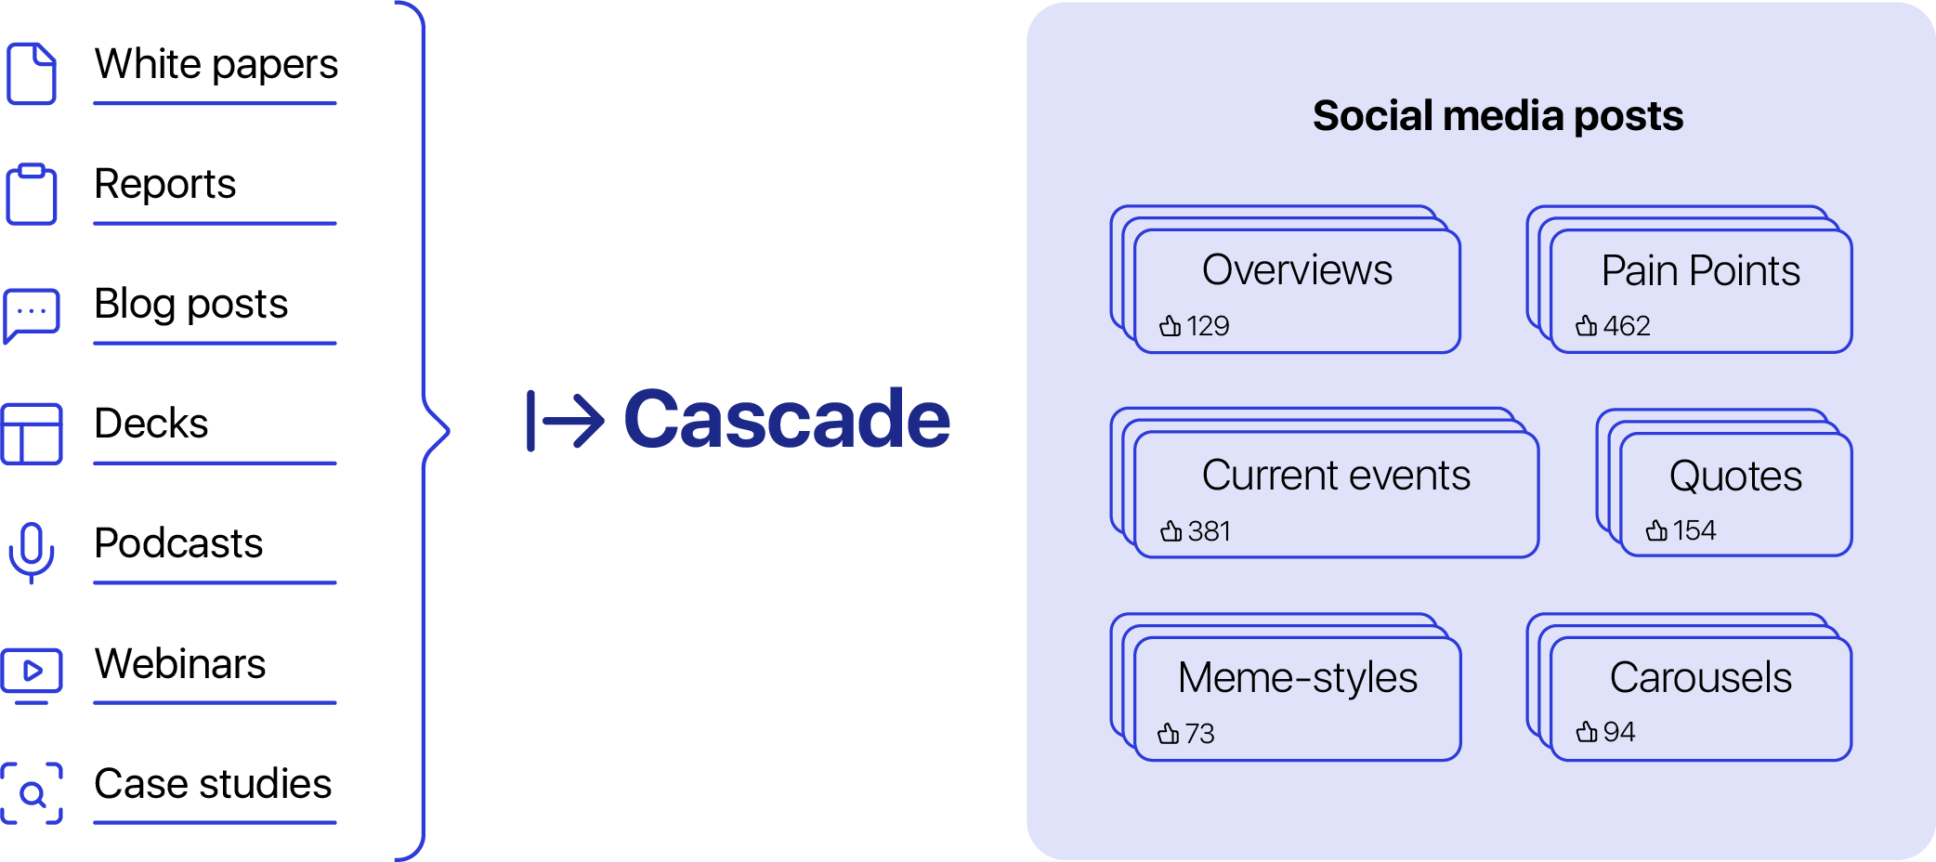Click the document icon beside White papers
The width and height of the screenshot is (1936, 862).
point(32,72)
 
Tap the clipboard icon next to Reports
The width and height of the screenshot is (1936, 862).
point(32,193)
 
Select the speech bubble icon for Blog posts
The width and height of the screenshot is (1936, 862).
point(32,314)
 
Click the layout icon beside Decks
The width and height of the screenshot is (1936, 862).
point(32,433)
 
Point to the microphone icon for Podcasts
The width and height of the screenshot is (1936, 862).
point(32,552)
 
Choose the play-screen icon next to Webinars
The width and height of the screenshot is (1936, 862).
point(32,673)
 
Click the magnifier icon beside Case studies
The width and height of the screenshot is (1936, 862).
point(32,792)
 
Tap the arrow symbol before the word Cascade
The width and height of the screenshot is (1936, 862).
point(566,421)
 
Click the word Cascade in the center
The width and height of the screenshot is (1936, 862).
point(787,419)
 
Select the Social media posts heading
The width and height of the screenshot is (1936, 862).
point(1498,116)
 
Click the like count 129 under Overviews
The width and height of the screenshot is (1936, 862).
point(1208,326)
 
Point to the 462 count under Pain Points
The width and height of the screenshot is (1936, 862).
point(1627,326)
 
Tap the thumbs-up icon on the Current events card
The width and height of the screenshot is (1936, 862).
point(1171,531)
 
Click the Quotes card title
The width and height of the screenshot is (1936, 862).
point(1735,476)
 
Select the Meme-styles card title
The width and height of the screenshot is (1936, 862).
point(1297,677)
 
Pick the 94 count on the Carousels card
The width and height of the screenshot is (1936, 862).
point(1618,732)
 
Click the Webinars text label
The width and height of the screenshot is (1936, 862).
point(180,663)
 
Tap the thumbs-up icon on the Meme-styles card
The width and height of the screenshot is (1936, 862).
point(1169,734)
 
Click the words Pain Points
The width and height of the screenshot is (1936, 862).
point(1700,270)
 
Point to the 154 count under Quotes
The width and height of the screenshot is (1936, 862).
point(1694,530)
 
